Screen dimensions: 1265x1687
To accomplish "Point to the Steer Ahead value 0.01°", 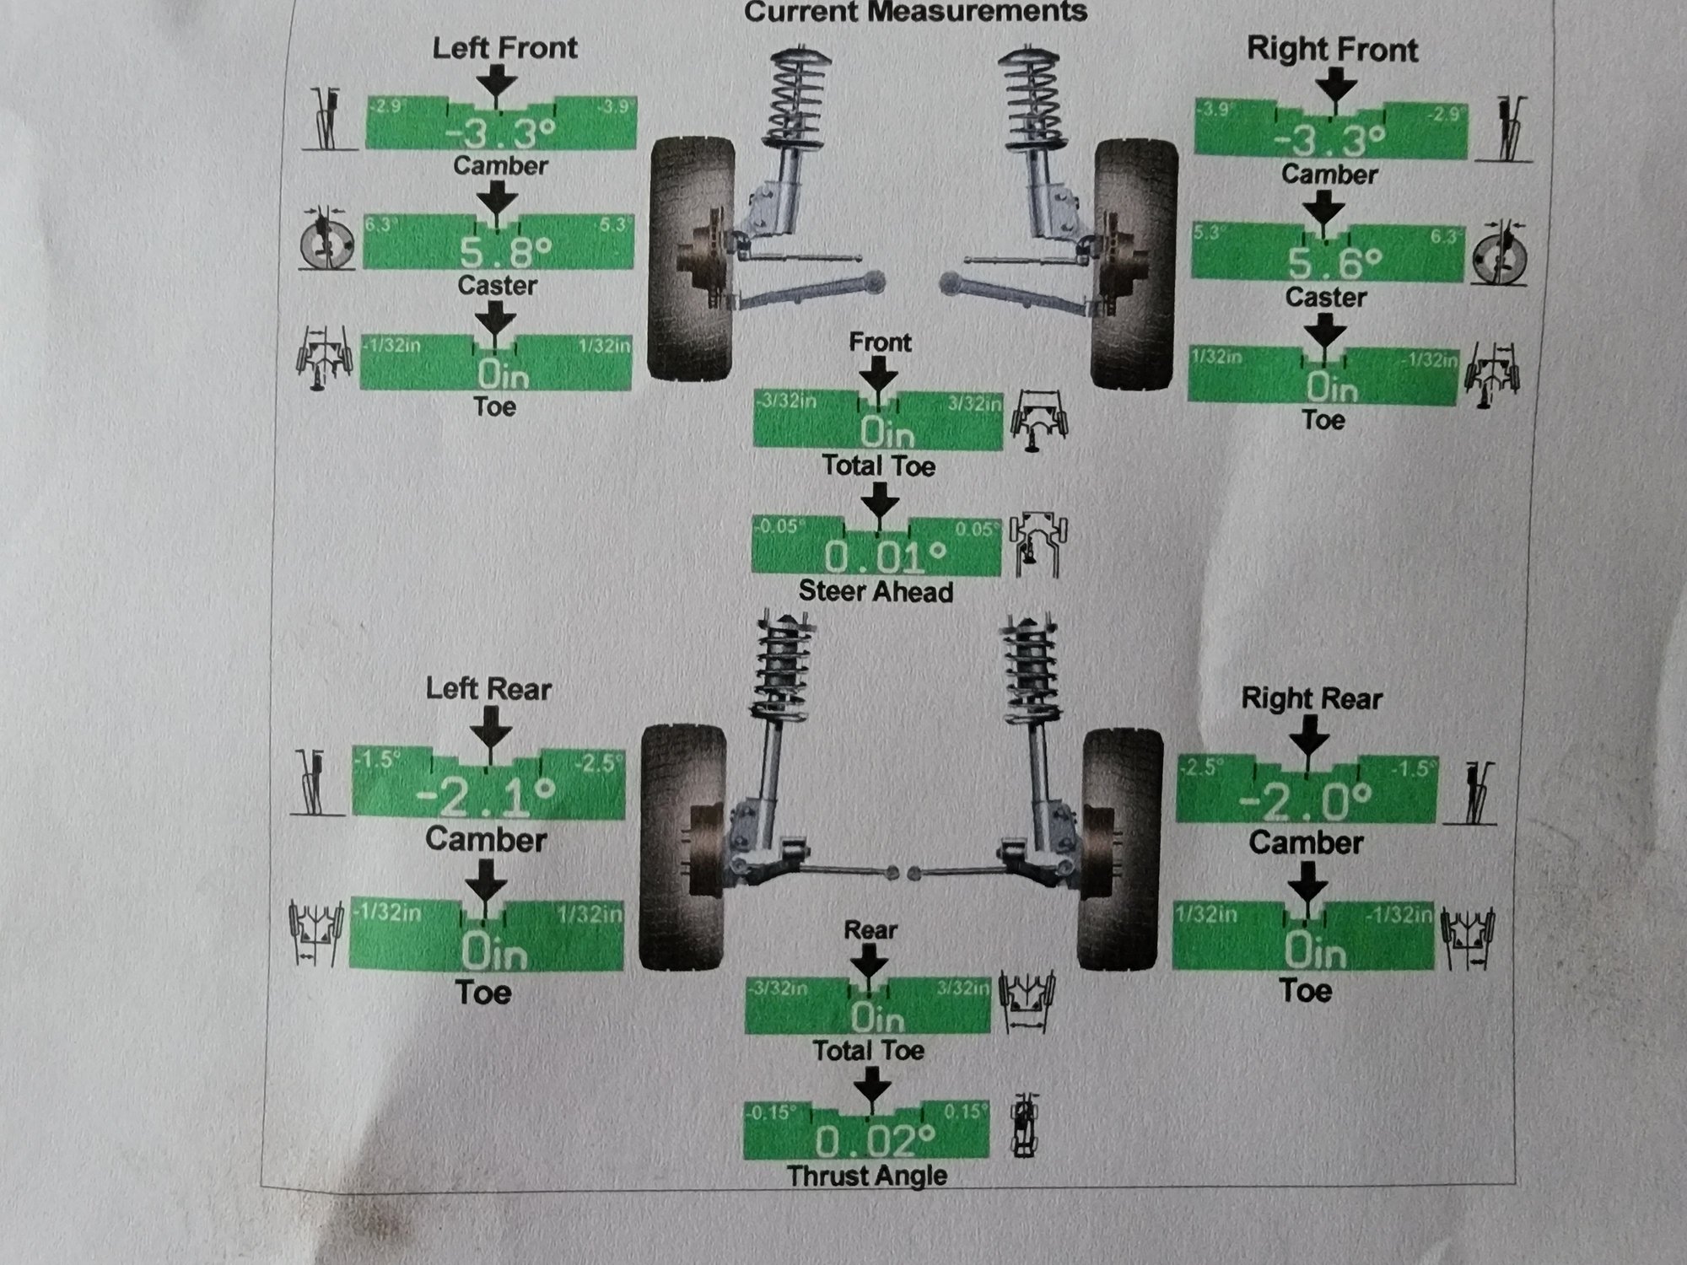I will click(885, 556).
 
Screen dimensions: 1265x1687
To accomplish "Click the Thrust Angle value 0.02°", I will click(875, 1141).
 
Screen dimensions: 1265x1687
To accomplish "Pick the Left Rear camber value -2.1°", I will click(486, 795).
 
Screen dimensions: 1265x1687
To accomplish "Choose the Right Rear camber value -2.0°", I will click(1305, 801).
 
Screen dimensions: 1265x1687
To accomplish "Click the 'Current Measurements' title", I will click(915, 13).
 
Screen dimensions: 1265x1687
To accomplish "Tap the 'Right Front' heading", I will click(1332, 50).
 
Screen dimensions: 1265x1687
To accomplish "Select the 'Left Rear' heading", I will click(488, 689).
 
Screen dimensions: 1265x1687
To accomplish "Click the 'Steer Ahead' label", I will click(876, 592).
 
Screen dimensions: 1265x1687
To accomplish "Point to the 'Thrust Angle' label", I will click(867, 1176).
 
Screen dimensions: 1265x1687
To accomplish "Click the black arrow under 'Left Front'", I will click(498, 83).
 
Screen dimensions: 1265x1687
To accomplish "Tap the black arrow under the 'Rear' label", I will click(869, 959).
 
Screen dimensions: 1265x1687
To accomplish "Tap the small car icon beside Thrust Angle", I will click(1024, 1126).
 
